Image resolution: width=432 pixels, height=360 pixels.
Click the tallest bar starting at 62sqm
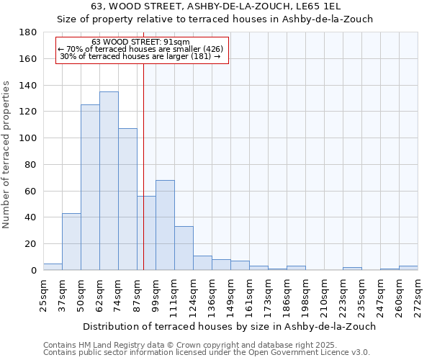(109, 181)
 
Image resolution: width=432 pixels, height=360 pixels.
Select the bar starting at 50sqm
(90, 187)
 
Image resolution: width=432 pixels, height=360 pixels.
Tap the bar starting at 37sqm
(71, 241)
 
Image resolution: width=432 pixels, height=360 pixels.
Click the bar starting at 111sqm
(184, 248)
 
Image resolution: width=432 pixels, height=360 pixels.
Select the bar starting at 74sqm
(127, 199)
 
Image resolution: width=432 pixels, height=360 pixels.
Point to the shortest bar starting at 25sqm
(53, 266)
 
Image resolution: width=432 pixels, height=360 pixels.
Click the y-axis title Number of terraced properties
(6, 155)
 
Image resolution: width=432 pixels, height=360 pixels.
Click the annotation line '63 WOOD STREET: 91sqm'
(141, 42)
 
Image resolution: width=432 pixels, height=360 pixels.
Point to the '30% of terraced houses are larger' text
(141, 56)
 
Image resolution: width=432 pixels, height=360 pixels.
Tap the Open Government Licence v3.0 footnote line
(207, 353)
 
